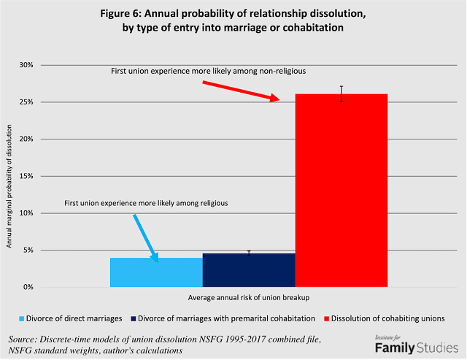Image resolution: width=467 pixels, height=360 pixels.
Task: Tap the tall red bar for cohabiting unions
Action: click(x=341, y=190)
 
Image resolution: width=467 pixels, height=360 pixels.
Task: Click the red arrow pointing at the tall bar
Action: click(x=241, y=91)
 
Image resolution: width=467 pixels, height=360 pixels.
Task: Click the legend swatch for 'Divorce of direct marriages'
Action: click(x=22, y=318)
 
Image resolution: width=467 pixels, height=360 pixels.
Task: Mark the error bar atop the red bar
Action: click(x=341, y=93)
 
